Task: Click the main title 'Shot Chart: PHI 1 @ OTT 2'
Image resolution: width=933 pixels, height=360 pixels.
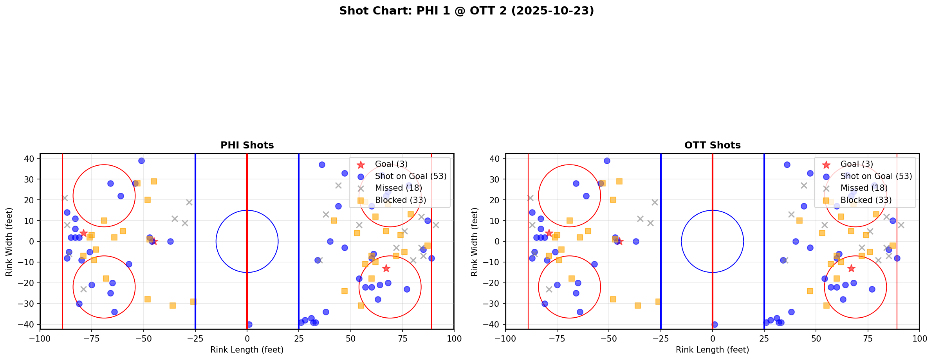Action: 466,11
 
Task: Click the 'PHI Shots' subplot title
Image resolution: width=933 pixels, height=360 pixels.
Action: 247,145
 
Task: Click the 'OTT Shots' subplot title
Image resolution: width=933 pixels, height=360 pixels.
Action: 712,145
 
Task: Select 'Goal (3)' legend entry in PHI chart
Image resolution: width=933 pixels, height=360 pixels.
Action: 391,164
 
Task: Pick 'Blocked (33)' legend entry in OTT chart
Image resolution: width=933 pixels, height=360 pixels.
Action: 866,200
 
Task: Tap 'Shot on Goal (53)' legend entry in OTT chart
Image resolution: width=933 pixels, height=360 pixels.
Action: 876,176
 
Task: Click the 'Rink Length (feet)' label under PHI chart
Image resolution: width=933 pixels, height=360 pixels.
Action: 247,350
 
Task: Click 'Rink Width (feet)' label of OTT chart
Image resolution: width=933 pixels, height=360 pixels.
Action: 475,242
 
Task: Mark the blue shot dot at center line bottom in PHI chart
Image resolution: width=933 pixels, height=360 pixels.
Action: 249,324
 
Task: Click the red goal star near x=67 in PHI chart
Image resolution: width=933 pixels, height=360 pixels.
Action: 386,268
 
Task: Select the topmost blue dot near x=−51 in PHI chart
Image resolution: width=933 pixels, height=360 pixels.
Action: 141,161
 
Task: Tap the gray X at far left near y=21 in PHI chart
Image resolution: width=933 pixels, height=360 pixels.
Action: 65,198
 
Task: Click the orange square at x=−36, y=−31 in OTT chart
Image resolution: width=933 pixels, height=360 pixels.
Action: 638,306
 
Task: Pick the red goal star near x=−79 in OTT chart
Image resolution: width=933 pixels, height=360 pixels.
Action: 549,233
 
